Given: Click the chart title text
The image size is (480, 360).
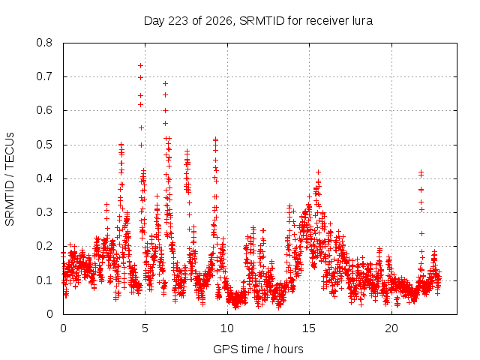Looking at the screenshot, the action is click(x=258, y=21).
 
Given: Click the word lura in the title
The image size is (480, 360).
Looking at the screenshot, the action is click(x=363, y=21).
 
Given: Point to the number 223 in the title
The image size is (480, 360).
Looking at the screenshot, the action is click(x=178, y=21).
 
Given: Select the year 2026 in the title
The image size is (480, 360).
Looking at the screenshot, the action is click(x=218, y=21).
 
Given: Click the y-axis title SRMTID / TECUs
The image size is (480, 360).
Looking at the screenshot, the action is click(x=10, y=179).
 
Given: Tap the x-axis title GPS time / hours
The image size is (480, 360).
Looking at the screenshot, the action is click(x=258, y=349).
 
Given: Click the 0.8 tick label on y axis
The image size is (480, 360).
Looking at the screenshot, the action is click(x=44, y=43).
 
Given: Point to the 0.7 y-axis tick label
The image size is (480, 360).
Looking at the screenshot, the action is click(x=44, y=76).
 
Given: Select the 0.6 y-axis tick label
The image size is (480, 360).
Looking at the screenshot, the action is click(x=44, y=110).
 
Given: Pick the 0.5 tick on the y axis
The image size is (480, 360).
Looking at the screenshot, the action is click(x=44, y=145).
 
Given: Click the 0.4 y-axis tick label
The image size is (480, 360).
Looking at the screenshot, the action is click(x=44, y=178).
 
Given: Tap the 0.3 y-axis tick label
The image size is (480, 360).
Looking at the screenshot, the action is click(x=44, y=212).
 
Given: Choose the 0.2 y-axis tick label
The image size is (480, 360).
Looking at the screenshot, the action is click(x=44, y=246).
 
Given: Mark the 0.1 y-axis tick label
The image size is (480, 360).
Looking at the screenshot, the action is click(x=44, y=280).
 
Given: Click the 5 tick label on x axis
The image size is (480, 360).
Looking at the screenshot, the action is click(x=145, y=328).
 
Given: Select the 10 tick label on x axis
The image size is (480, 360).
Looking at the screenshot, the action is click(x=227, y=328).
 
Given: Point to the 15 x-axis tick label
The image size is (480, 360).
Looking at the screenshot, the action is click(x=309, y=328).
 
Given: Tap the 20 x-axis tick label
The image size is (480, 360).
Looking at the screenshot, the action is click(x=391, y=328).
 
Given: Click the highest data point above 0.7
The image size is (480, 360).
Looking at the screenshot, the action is click(x=140, y=65).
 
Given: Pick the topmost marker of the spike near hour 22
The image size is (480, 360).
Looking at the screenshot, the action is click(x=421, y=172).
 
